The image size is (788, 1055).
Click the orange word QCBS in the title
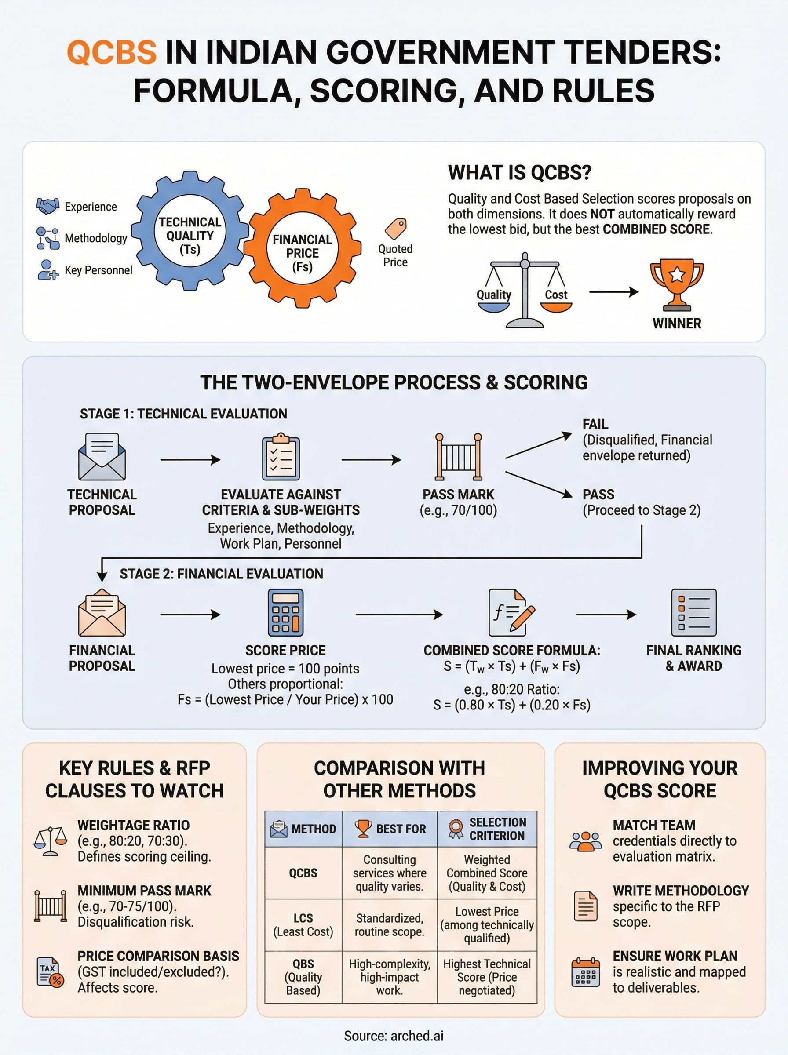(112, 52)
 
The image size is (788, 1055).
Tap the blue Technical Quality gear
(190, 231)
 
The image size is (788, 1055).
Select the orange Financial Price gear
(302, 248)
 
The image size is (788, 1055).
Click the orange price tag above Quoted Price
(396, 229)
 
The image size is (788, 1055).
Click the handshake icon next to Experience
(47, 206)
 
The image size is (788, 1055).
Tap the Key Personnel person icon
(47, 269)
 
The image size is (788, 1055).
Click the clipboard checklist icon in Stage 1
(281, 457)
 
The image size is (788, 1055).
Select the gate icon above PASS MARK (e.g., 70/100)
(458, 457)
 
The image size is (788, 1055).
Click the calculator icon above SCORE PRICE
(286, 613)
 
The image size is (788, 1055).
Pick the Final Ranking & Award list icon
(693, 613)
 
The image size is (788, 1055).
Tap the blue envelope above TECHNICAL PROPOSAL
(102, 457)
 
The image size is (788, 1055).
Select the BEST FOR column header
(390, 829)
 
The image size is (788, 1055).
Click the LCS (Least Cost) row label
(303, 925)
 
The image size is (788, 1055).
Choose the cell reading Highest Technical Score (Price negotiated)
(486, 977)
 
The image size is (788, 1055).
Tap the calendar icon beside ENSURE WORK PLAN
(585, 972)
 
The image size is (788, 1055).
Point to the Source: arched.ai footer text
(394, 1036)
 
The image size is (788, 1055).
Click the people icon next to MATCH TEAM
(585, 841)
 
